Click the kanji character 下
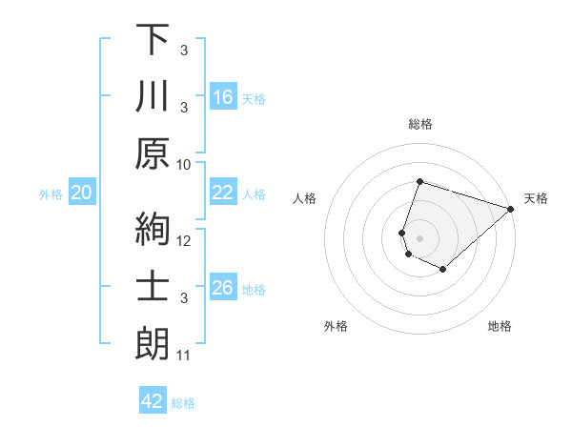click(153, 41)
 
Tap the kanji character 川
click(153, 98)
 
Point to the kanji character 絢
click(153, 231)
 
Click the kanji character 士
click(153, 288)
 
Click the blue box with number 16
click(222, 96)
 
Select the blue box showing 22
click(222, 193)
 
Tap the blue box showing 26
click(222, 288)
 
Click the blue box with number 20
click(81, 193)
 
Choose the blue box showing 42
click(153, 401)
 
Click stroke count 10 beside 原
click(185, 164)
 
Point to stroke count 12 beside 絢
click(185, 240)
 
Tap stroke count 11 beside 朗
click(185, 356)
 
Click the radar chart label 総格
click(419, 124)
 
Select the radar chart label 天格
click(537, 198)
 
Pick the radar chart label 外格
click(336, 326)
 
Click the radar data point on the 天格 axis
click(510, 209)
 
